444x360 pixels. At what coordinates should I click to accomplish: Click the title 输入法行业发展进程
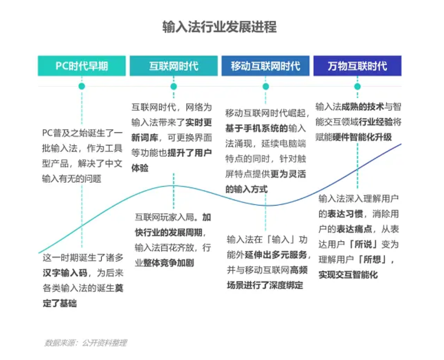(219, 27)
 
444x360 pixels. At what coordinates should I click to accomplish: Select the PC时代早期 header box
(82, 66)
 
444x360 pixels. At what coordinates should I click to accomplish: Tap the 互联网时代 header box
(173, 66)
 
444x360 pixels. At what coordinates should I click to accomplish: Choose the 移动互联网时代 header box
(265, 66)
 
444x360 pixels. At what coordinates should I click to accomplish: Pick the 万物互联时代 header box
(357, 66)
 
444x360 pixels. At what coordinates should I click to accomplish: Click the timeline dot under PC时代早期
(82, 86)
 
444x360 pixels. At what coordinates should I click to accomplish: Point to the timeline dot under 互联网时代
(173, 86)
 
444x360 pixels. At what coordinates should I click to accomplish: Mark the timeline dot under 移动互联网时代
(266, 86)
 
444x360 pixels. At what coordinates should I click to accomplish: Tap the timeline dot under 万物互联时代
(357, 86)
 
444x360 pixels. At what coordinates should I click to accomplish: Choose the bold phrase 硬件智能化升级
(362, 137)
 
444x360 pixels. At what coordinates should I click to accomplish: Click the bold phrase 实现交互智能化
(348, 275)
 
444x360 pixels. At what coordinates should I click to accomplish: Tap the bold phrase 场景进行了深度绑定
(265, 284)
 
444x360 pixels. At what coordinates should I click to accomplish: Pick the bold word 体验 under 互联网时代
(140, 168)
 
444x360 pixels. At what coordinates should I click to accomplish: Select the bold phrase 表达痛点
(351, 229)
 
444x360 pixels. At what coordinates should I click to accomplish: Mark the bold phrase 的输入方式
(246, 189)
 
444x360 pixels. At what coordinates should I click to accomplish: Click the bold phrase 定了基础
(59, 303)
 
